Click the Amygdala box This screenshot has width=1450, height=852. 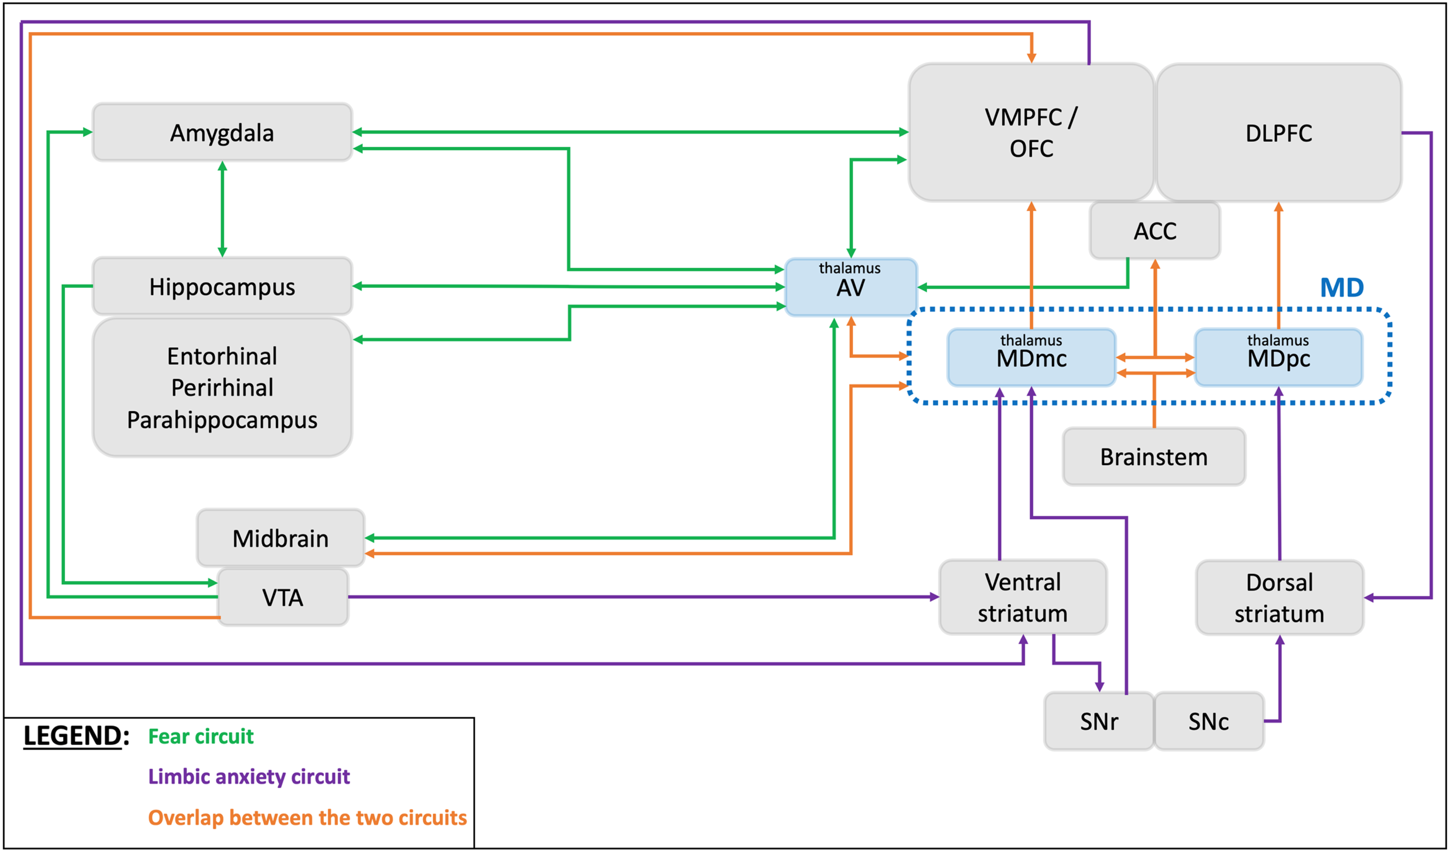pyautogui.click(x=222, y=132)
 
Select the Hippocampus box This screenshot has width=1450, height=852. pyautogui.click(x=222, y=286)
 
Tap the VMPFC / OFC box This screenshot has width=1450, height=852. pyautogui.click(x=1031, y=132)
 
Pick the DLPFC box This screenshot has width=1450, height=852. pyautogui.click(x=1278, y=132)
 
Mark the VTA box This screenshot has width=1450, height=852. pyautogui.click(x=283, y=597)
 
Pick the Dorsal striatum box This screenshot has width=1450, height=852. pyautogui.click(x=1280, y=598)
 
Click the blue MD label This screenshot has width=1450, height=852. pyautogui.click(x=1342, y=287)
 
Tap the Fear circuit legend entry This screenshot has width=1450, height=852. pyautogui.click(x=201, y=736)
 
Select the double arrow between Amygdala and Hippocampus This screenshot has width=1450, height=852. pyautogui.click(x=222, y=209)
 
